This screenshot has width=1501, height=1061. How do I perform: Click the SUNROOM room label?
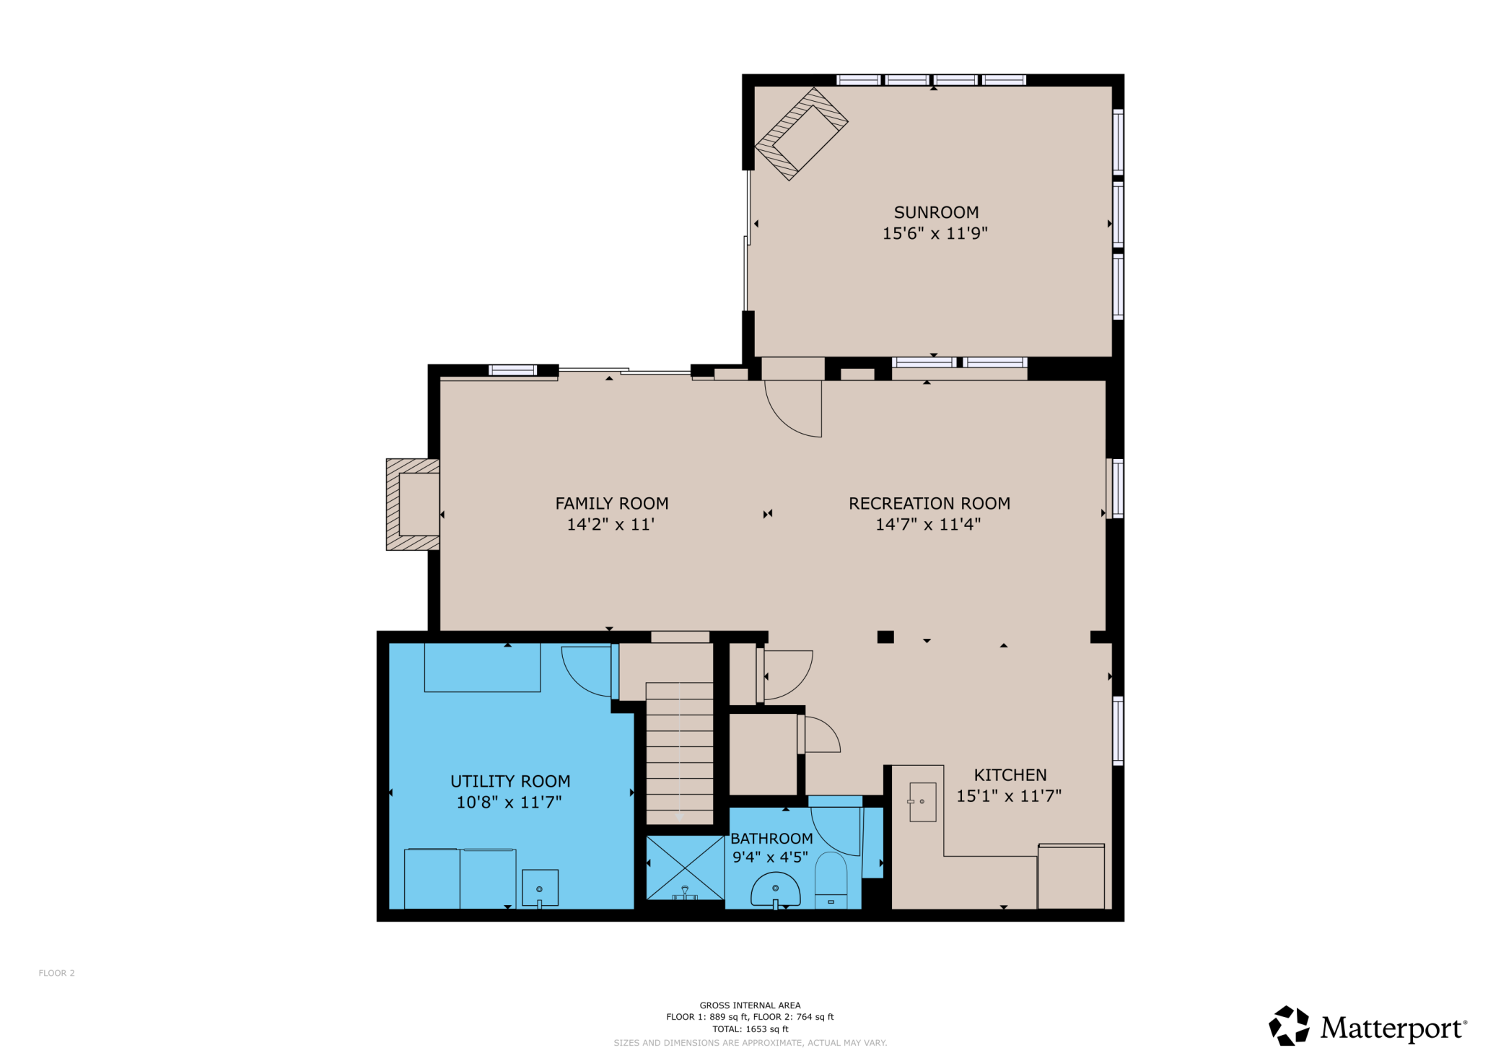(936, 212)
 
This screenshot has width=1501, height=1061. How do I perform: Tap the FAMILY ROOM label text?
(612, 503)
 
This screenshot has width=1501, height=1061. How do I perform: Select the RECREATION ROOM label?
(929, 503)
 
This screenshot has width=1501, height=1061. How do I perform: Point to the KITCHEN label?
(1010, 774)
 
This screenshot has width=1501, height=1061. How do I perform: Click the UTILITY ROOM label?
(510, 781)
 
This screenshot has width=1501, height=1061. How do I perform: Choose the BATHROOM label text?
(771, 838)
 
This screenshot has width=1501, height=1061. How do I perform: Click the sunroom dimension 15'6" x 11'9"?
(935, 233)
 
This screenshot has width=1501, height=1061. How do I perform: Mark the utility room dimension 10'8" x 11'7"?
(509, 802)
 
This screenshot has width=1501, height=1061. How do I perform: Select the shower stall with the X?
(685, 868)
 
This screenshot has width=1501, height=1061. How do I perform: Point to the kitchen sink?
(922, 801)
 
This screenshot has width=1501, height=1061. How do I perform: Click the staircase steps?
(679, 753)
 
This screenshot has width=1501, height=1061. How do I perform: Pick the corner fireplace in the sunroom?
(801, 134)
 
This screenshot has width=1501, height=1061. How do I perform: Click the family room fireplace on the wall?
(413, 505)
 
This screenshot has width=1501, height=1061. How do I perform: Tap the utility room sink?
(540, 888)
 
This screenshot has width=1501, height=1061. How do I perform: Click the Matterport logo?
(1367, 1026)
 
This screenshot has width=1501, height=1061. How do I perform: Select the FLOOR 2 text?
(56, 973)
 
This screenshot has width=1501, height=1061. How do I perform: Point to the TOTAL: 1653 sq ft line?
(750, 1029)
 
